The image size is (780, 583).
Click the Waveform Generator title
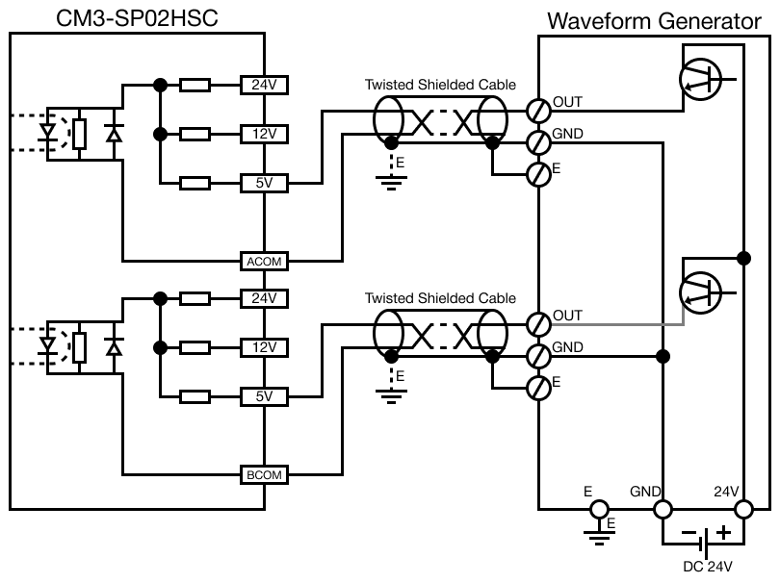(661, 20)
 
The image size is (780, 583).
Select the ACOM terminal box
(263, 261)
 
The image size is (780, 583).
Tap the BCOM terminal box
(263, 474)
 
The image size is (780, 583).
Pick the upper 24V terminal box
(263, 84)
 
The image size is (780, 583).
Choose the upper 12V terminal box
(263, 134)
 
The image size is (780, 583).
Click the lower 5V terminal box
(263, 395)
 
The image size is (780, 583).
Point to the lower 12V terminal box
(263, 346)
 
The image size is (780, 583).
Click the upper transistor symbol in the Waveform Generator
(701, 78)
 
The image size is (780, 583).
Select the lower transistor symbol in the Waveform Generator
(701, 290)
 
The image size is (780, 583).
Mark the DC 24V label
(707, 566)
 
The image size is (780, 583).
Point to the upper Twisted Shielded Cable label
(440, 85)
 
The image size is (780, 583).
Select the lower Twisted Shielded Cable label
(440, 299)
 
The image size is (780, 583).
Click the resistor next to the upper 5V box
(195, 183)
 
